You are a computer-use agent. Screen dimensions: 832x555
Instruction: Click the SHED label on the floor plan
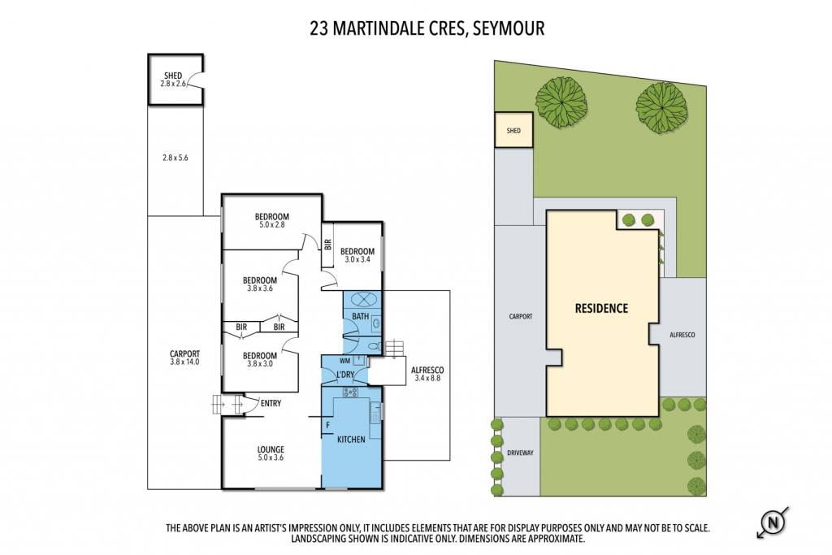173,80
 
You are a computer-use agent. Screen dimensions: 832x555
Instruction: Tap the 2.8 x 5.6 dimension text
175,158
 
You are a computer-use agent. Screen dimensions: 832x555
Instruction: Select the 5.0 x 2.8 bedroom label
271,220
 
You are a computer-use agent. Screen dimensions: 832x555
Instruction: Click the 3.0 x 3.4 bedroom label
357,255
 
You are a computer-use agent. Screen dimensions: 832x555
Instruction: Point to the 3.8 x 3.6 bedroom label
260,284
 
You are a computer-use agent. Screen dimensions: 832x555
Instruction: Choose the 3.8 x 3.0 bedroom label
260,359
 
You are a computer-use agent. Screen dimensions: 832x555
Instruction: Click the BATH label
360,316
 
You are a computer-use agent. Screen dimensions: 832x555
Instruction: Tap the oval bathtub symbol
362,299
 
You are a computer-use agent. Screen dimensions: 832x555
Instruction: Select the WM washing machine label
344,361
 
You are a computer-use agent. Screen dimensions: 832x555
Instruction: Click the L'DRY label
345,375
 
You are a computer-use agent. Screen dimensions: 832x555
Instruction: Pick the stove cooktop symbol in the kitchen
350,392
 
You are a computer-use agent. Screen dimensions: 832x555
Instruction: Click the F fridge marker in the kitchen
328,425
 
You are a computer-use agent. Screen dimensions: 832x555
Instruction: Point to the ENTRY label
271,403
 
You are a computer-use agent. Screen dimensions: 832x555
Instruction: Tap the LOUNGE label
271,453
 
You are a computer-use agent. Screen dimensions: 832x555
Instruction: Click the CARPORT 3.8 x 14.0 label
184,358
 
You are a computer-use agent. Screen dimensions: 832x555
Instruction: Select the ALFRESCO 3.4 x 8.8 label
427,374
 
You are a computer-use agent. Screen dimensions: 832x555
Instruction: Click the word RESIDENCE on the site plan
602,308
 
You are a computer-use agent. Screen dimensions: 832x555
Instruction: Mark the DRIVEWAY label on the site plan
520,453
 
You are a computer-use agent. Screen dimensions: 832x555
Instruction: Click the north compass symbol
773,522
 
